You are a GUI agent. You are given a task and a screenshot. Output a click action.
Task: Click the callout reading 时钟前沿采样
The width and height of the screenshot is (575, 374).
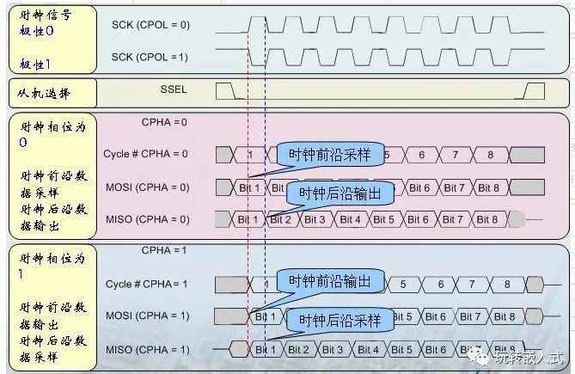329,154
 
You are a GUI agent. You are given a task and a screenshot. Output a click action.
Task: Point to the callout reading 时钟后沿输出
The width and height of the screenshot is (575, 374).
339,193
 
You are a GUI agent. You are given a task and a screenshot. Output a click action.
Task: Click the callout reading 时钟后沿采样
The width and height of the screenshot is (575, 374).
339,321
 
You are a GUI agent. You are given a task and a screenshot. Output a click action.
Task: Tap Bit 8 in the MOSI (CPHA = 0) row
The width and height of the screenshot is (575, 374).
489,187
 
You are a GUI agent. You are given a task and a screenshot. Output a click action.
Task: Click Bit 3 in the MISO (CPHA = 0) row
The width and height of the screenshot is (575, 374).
315,219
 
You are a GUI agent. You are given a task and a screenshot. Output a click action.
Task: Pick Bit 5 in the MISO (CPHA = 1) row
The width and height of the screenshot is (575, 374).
401,349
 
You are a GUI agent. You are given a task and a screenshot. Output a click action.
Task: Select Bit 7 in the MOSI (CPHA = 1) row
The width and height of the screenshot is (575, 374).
470,316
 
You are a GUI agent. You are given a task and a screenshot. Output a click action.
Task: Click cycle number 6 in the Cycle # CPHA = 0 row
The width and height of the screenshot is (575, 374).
421,155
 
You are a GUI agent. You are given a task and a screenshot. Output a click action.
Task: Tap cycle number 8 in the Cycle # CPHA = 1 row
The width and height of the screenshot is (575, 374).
507,284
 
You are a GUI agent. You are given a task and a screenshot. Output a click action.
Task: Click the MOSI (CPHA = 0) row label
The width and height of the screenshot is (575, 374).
147,187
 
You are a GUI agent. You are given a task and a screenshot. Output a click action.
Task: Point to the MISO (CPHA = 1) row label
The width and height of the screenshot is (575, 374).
147,349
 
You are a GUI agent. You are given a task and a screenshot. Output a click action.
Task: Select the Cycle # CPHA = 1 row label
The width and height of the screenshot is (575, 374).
147,284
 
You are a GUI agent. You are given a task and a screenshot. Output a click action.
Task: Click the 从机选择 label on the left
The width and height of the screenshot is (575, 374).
43,91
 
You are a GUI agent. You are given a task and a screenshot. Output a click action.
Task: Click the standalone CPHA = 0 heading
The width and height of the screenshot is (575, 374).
164,122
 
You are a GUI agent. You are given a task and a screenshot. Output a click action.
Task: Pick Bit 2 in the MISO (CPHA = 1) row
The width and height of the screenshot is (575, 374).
298,349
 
